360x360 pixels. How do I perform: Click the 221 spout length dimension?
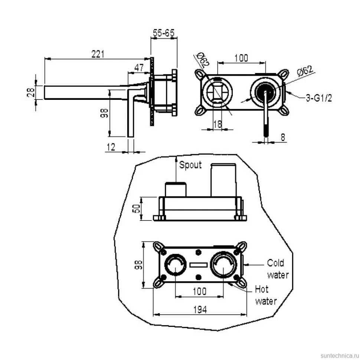click(98, 54)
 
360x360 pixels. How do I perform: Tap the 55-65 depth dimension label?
click(164, 33)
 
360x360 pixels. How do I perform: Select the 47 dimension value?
click(139, 68)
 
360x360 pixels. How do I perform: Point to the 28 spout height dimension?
click(31, 92)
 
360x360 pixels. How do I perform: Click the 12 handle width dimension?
click(111, 147)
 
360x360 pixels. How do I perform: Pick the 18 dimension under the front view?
click(217, 124)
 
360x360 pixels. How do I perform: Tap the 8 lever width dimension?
click(283, 137)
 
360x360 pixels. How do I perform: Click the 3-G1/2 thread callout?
click(319, 98)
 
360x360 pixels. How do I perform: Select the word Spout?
click(190, 165)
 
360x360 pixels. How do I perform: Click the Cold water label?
click(278, 269)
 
